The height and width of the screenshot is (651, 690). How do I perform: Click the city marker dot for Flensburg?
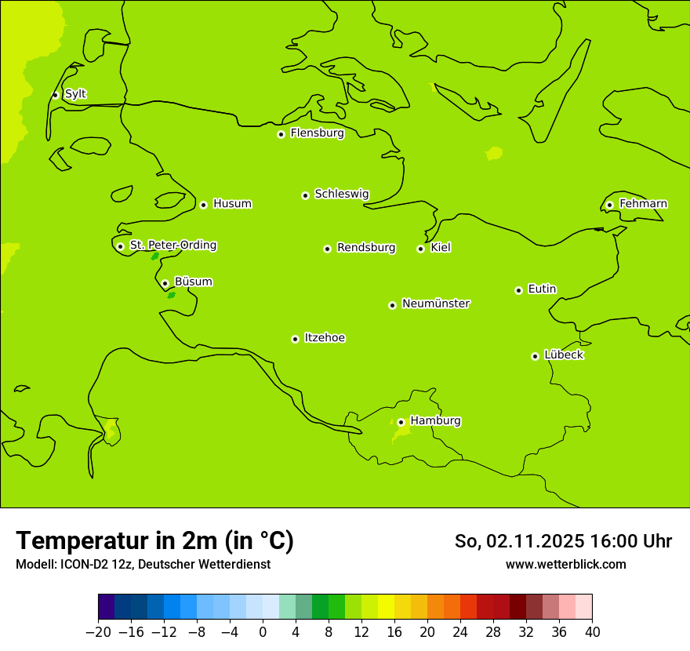click(x=281, y=134)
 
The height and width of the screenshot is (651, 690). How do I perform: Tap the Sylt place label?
click(x=75, y=94)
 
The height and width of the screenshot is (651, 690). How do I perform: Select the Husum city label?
click(x=232, y=204)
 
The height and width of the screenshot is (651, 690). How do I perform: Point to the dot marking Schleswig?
click(x=305, y=195)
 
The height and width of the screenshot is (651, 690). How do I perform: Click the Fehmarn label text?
click(x=643, y=204)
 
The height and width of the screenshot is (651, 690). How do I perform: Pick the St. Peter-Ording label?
click(x=173, y=245)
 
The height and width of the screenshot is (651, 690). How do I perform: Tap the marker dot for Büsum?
click(x=165, y=283)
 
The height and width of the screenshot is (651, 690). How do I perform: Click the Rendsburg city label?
click(x=366, y=248)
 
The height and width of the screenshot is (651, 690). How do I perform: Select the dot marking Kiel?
click(x=420, y=249)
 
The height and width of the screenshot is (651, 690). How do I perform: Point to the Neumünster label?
click(x=436, y=304)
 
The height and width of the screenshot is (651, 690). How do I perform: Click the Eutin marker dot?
click(x=518, y=290)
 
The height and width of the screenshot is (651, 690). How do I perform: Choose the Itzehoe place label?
click(x=325, y=338)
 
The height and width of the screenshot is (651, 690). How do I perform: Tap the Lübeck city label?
click(x=564, y=355)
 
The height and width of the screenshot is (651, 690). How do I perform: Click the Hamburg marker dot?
click(x=401, y=422)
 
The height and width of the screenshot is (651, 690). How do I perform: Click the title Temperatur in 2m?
click(x=154, y=540)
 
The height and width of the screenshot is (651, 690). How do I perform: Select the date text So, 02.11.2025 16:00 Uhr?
click(x=563, y=541)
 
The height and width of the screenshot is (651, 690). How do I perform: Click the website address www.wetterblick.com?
click(x=565, y=564)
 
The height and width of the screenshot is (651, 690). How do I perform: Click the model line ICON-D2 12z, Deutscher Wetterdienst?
click(x=143, y=564)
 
